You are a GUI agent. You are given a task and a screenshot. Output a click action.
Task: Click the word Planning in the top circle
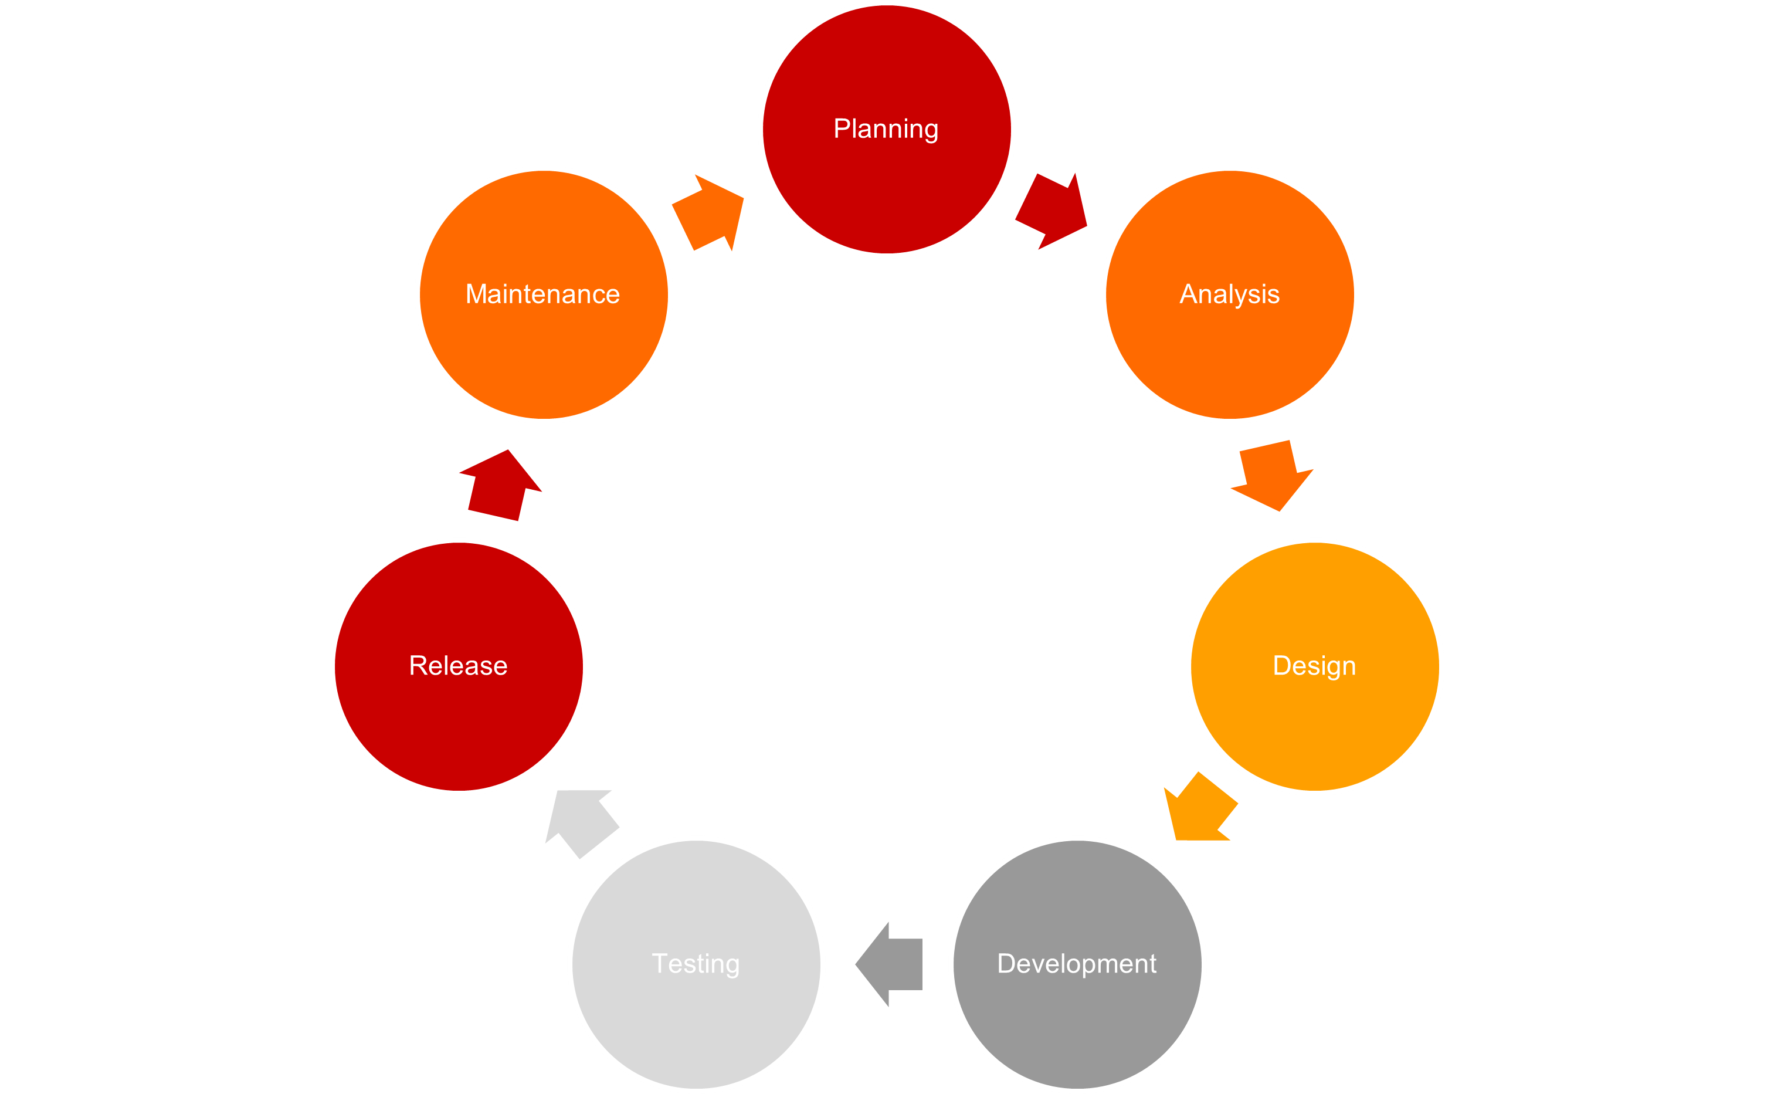click(x=886, y=129)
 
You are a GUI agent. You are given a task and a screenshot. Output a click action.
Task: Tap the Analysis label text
click(x=1229, y=294)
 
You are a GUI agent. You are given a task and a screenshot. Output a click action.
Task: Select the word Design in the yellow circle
click(x=1314, y=666)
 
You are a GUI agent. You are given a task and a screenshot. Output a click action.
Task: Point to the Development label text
click(x=1077, y=964)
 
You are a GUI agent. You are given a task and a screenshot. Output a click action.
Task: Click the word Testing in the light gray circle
click(x=696, y=964)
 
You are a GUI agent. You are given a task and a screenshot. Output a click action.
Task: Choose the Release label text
click(x=458, y=666)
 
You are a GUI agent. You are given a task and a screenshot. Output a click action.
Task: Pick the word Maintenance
click(x=542, y=294)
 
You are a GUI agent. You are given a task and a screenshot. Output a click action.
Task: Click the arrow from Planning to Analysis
click(x=1052, y=211)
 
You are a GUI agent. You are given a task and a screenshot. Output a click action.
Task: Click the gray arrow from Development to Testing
click(x=891, y=964)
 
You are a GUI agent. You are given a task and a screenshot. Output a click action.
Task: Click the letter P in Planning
click(x=841, y=129)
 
